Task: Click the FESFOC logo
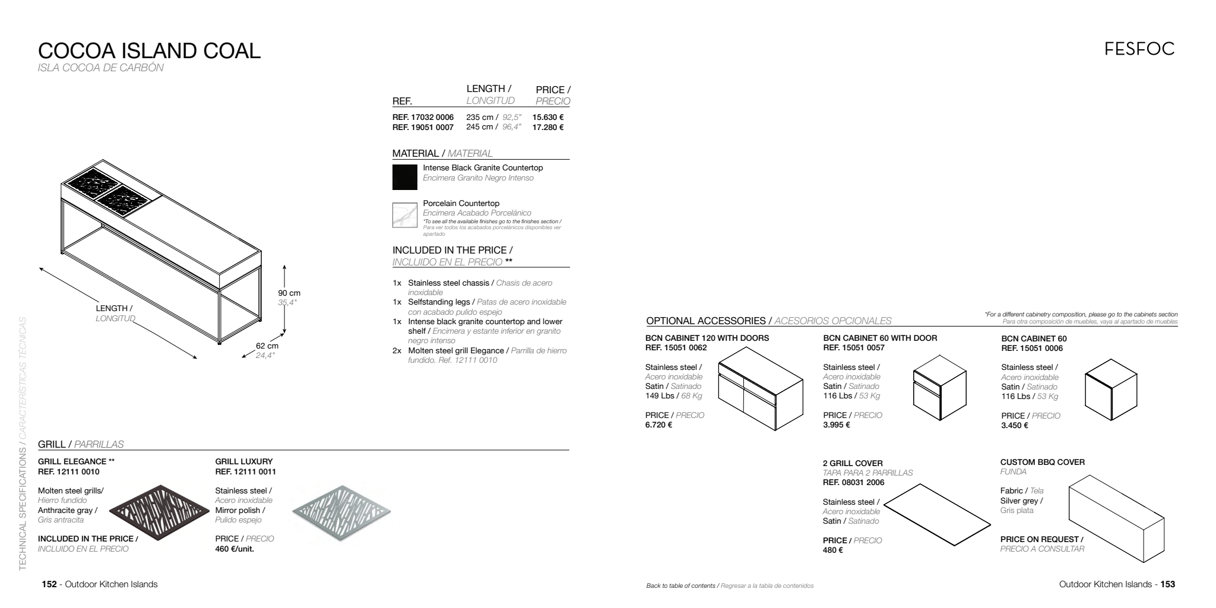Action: pyautogui.click(x=1139, y=49)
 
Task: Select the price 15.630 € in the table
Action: pyautogui.click(x=547, y=118)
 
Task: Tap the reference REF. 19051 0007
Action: pyautogui.click(x=423, y=127)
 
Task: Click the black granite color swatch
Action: pyautogui.click(x=405, y=177)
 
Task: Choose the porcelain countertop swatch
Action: pyautogui.click(x=405, y=215)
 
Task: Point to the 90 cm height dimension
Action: pyautogui.click(x=289, y=293)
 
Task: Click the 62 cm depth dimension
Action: pyautogui.click(x=267, y=346)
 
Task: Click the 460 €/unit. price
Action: pyautogui.click(x=234, y=549)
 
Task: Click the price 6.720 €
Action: pyautogui.click(x=658, y=425)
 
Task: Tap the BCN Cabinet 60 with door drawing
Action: pyautogui.click(x=939, y=388)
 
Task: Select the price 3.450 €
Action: pyautogui.click(x=1015, y=425)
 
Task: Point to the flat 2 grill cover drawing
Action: pyautogui.click(x=937, y=514)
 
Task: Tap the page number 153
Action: pyautogui.click(x=1167, y=584)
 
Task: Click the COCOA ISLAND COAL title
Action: pyautogui.click(x=149, y=51)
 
